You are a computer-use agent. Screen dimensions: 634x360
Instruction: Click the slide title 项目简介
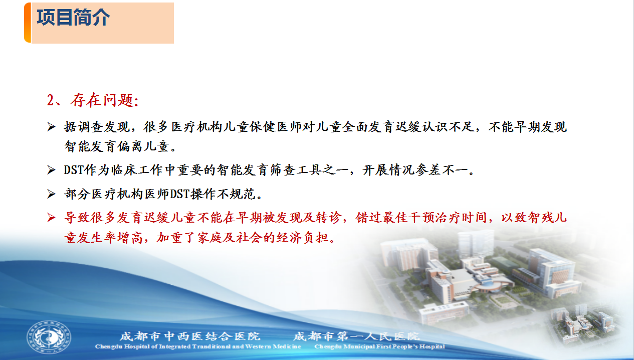click(x=73, y=18)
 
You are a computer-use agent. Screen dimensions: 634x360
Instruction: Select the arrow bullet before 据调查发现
click(x=51, y=127)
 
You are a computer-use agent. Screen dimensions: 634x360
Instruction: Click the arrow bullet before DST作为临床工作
click(x=51, y=170)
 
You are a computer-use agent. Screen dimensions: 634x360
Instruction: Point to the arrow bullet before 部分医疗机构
click(x=51, y=194)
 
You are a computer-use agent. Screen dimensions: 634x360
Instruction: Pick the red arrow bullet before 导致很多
click(x=51, y=218)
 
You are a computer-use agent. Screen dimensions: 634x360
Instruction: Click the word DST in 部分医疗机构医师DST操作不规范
click(x=179, y=195)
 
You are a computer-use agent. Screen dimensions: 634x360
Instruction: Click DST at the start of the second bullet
click(x=74, y=170)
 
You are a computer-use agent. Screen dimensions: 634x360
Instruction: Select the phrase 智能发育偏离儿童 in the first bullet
click(x=117, y=146)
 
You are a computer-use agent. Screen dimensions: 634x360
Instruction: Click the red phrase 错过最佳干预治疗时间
click(x=421, y=218)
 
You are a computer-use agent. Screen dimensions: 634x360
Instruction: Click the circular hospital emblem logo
click(x=49, y=337)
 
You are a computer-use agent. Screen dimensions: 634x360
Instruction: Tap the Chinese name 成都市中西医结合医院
click(x=190, y=336)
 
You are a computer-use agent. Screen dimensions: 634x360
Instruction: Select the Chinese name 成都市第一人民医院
click(x=356, y=336)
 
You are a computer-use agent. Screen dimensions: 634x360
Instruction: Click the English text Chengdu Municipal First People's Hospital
click(x=379, y=346)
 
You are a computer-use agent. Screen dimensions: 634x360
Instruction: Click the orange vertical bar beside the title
click(x=28, y=23)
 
